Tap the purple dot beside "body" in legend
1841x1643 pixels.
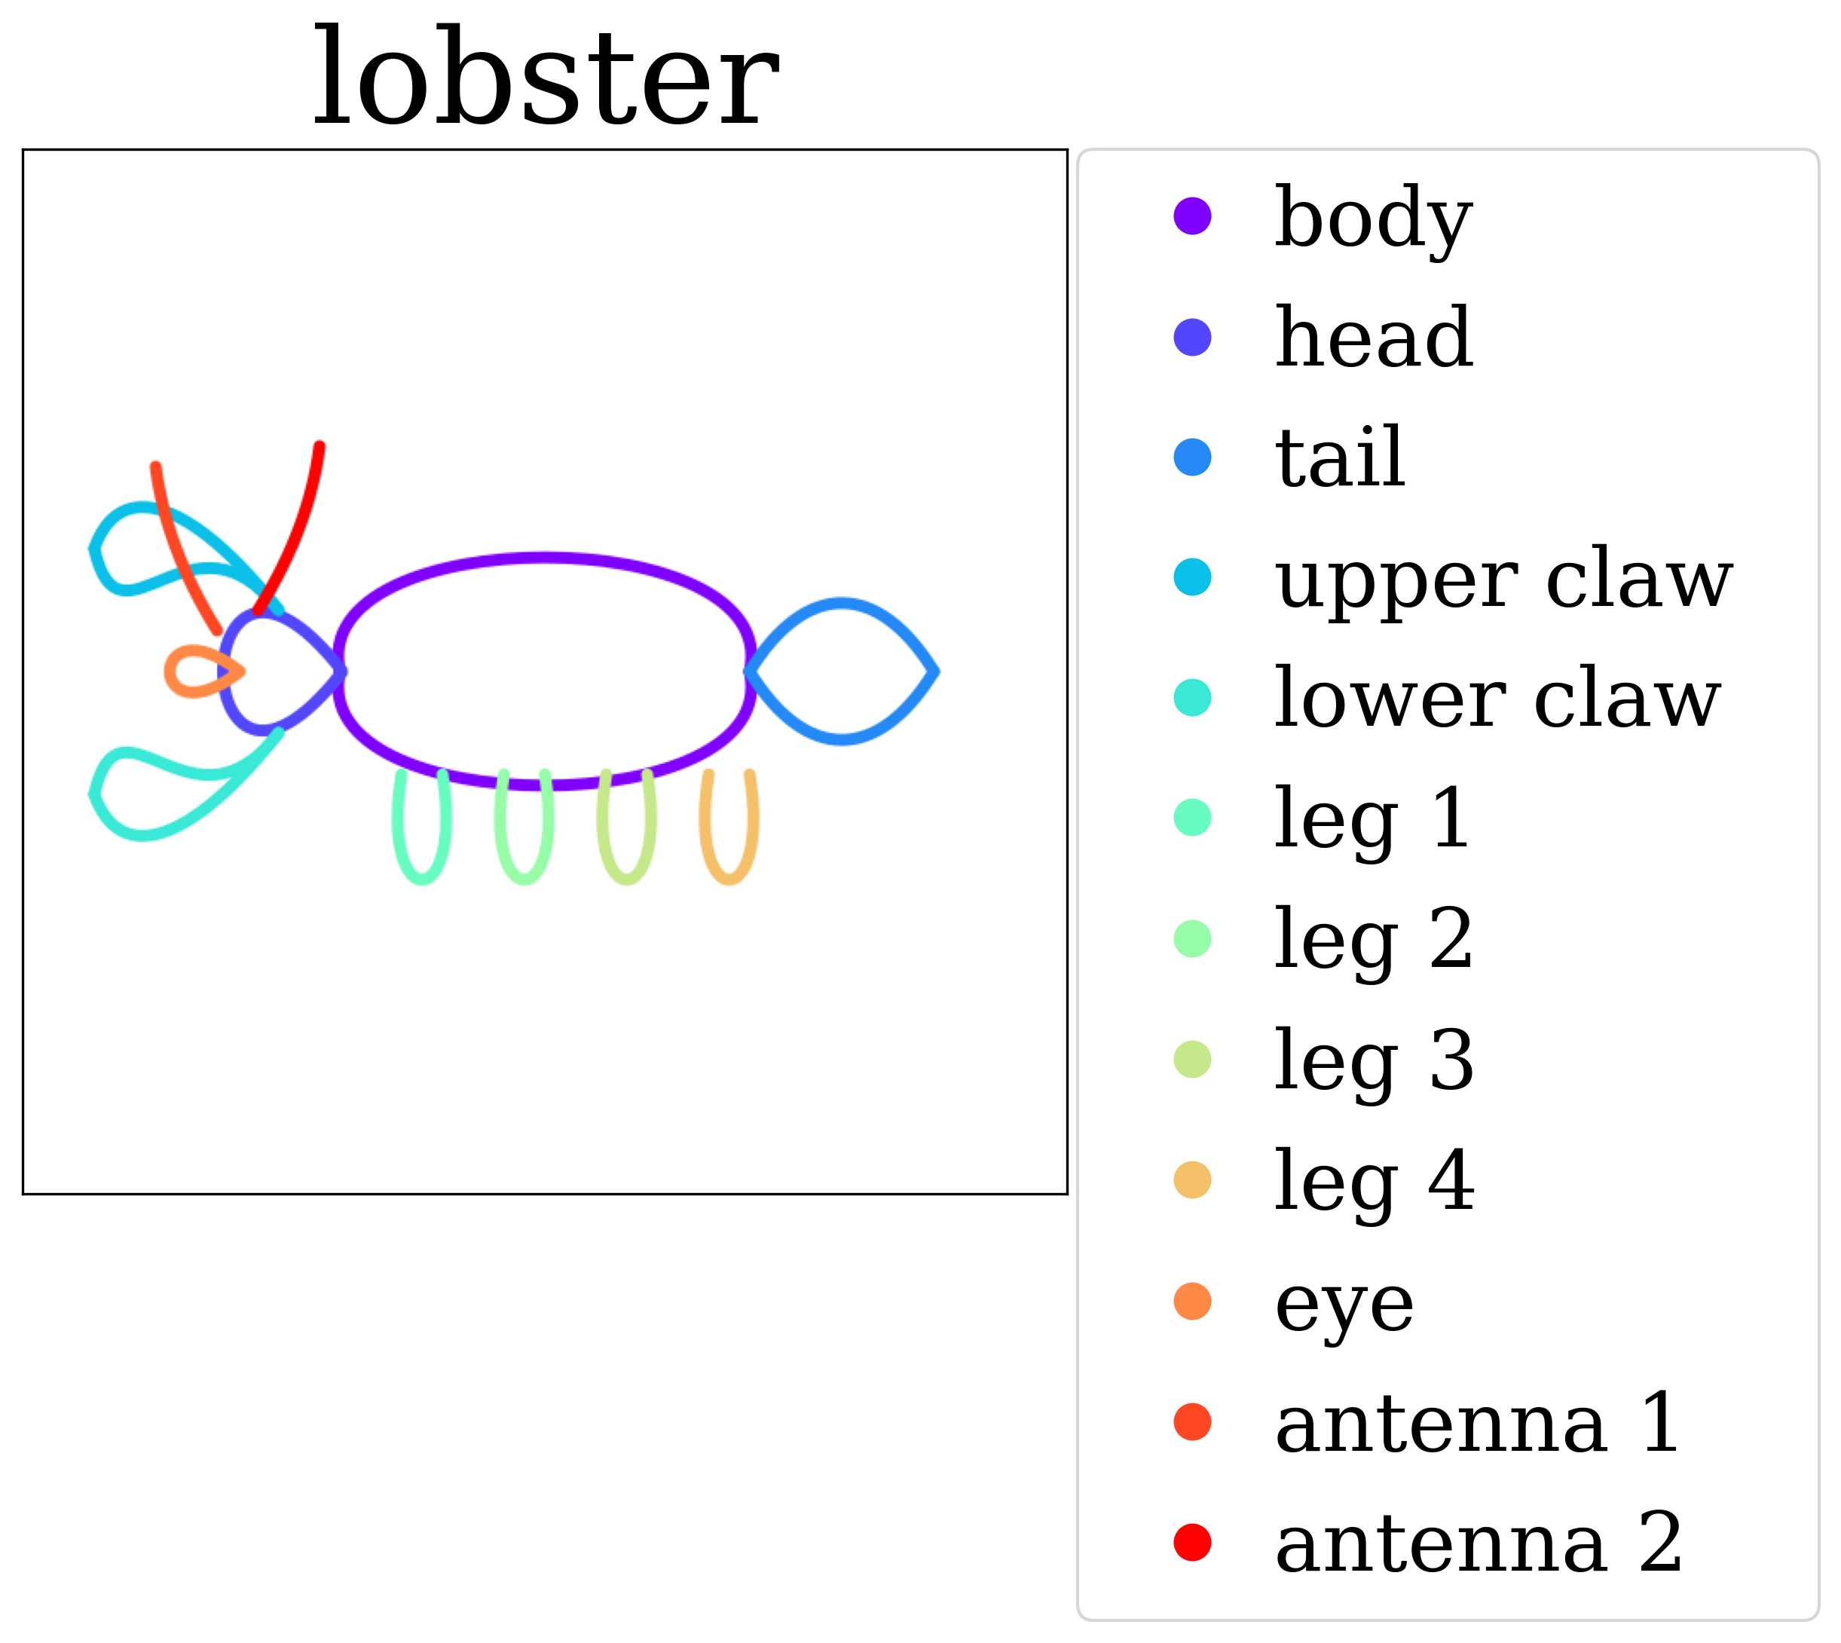(1192, 216)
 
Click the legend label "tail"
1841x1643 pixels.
(1340, 457)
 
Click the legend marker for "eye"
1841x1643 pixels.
(1192, 1301)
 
